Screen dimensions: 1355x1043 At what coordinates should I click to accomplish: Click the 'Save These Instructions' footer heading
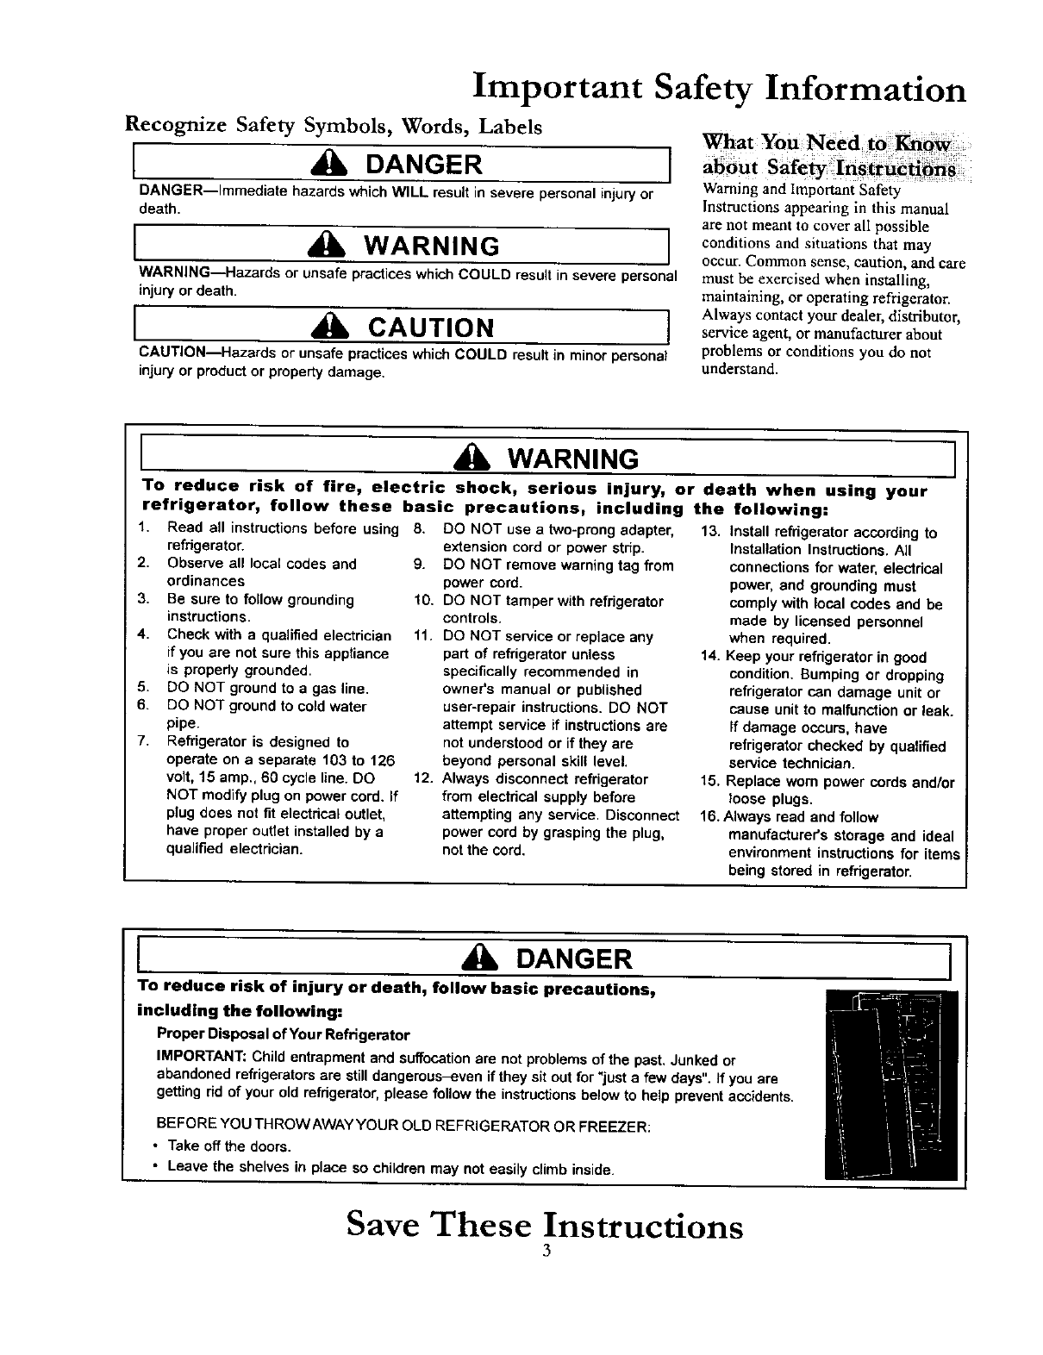[x=544, y=1226]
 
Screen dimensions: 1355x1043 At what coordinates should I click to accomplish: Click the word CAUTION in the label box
[x=432, y=328]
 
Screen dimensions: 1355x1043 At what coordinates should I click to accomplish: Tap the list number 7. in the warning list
[x=143, y=742]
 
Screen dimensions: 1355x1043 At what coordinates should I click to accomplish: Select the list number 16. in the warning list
[x=711, y=817]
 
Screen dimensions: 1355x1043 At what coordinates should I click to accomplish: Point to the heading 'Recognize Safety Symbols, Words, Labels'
[x=334, y=127]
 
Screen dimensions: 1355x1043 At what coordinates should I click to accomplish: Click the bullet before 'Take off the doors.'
[x=154, y=1147]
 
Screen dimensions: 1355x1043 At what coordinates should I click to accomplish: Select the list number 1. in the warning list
[x=143, y=528]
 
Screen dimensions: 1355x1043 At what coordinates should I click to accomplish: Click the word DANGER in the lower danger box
[x=574, y=959]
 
